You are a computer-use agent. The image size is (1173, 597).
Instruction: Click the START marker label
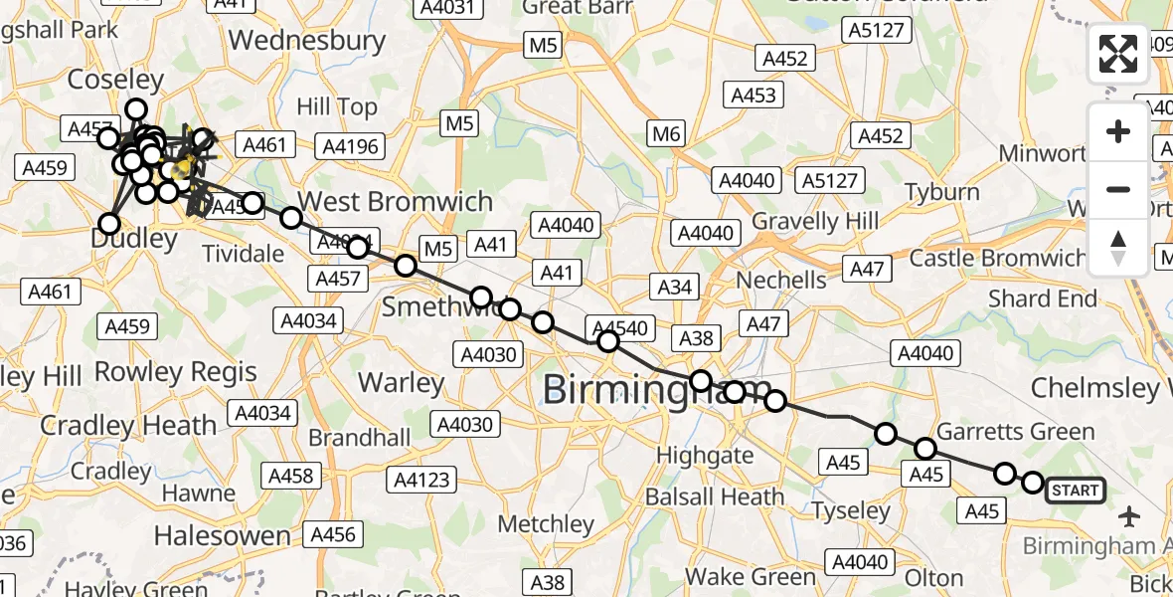1075,490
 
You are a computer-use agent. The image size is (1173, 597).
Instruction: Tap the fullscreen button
1118,53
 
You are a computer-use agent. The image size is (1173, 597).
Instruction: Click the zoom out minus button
1118,189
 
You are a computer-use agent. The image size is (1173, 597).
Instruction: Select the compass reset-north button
1118,247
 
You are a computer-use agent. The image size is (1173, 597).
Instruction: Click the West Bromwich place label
396,201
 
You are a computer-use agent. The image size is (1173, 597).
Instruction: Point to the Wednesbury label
307,41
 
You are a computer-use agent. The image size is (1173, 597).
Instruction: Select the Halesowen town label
223,536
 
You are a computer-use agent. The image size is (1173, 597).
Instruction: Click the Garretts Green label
1016,432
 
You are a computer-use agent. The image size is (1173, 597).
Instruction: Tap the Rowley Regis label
176,373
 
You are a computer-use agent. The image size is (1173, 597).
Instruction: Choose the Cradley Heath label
128,426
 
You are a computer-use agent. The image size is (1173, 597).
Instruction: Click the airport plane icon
1128,516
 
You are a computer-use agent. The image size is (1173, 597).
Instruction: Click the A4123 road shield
422,481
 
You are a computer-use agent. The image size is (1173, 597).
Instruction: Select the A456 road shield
332,534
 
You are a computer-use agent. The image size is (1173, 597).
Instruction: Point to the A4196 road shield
350,146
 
